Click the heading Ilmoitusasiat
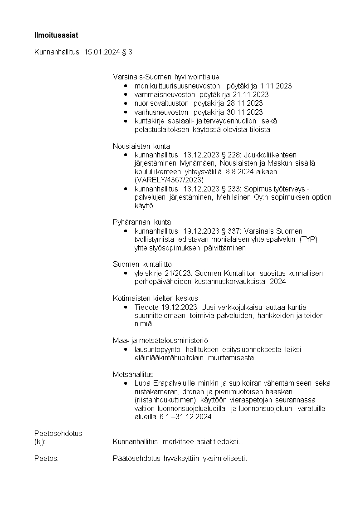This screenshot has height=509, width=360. pos(53,34)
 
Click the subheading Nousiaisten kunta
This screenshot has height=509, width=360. pos(141,146)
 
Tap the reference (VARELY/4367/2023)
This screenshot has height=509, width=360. pos(169,180)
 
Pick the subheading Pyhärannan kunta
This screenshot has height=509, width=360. pos(142,222)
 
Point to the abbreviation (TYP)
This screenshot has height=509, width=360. pos(308,240)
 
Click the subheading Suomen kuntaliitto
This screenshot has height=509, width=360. pos(142,264)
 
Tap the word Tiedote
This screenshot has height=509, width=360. pos(146,307)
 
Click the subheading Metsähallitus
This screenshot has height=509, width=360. pos(133,374)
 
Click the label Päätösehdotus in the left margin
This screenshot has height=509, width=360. pos(58,433)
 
